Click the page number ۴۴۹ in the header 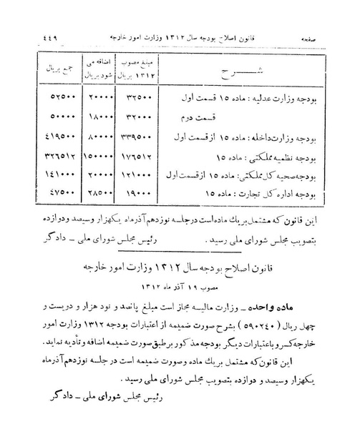click(35, 35)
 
